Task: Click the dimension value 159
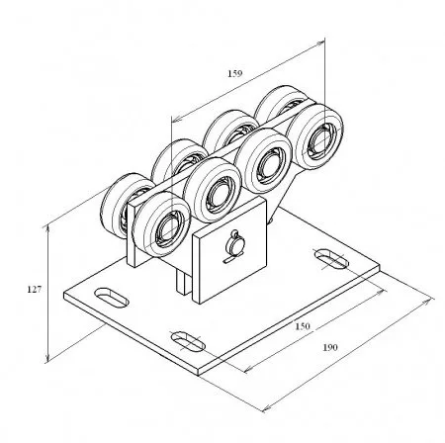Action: [x=235, y=73]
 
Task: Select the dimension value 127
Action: [x=35, y=290]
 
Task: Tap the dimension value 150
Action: [x=303, y=326]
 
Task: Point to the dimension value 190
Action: [x=330, y=347]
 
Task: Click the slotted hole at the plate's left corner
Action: [x=111, y=298]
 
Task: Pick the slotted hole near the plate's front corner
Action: [x=188, y=341]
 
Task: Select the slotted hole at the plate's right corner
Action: [x=331, y=259]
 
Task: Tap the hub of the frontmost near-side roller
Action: [x=169, y=228]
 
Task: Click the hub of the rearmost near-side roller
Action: [x=322, y=140]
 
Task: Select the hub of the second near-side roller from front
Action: [x=220, y=195]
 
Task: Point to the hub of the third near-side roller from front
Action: [x=271, y=166]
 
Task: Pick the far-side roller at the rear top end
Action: [x=280, y=103]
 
